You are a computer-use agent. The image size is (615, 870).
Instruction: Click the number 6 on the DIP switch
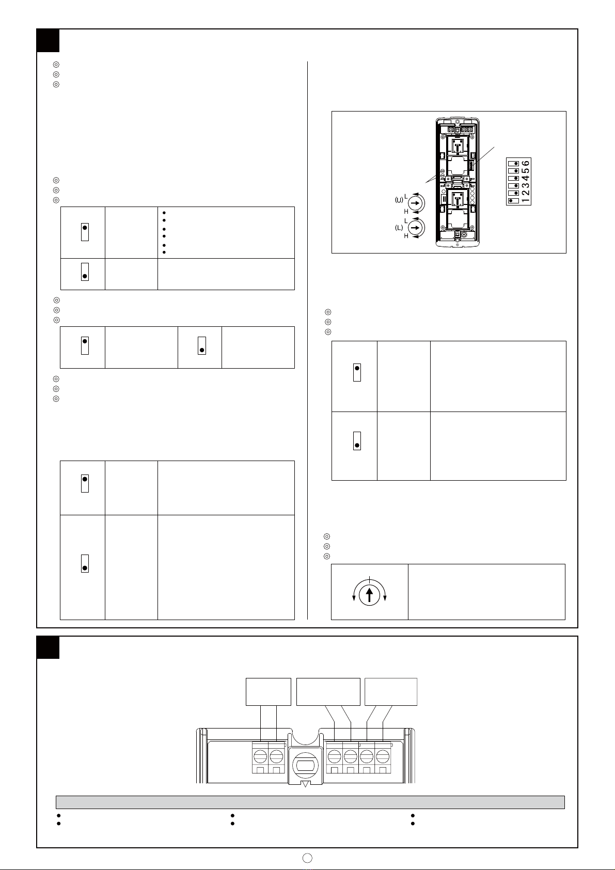point(526,163)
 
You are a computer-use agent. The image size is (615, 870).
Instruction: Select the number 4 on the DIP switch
point(526,178)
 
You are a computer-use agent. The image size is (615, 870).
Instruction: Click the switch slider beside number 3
point(514,186)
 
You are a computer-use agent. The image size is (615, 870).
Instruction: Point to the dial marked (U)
point(416,203)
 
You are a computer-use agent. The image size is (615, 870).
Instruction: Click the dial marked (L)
point(416,227)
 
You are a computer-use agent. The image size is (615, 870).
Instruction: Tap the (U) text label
point(399,200)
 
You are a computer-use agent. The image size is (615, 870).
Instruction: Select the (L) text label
point(399,228)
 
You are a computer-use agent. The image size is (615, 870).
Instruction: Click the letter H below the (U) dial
point(406,212)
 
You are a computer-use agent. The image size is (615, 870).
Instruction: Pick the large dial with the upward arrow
point(369,595)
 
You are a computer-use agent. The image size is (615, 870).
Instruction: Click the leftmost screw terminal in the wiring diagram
point(260,756)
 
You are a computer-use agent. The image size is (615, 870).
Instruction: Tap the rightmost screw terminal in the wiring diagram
point(383,756)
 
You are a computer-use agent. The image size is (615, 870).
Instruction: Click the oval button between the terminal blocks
point(305,766)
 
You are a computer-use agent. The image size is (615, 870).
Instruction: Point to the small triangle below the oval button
point(305,784)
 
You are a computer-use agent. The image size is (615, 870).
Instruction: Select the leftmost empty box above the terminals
point(269,692)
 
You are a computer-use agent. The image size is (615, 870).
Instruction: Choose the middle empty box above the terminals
point(328,692)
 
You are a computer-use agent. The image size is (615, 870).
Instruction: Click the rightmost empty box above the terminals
point(391,692)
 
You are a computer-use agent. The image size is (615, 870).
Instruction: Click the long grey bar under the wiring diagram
point(310,802)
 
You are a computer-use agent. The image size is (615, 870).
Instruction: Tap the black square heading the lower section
point(48,647)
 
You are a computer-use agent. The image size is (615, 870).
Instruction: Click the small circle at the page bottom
point(307,858)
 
